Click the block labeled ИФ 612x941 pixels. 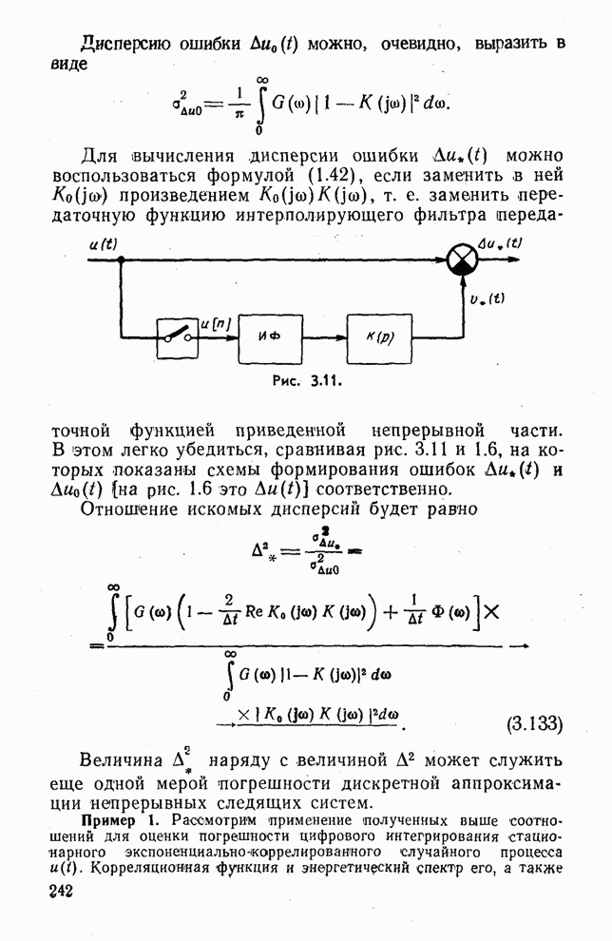tap(270, 338)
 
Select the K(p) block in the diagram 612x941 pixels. tap(380, 338)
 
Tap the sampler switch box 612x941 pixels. tap(177, 338)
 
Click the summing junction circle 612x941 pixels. tap(463, 259)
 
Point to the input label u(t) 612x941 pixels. tap(103, 244)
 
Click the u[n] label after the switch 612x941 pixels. tap(214, 325)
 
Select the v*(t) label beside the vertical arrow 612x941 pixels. tap(488, 298)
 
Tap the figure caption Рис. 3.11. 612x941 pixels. tap(307, 381)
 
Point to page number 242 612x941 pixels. tap(61, 892)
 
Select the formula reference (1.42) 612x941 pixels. tap(332, 176)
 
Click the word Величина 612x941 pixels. tap(122, 759)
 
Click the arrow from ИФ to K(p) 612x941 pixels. tap(325, 338)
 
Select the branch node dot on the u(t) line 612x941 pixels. tap(121, 259)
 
